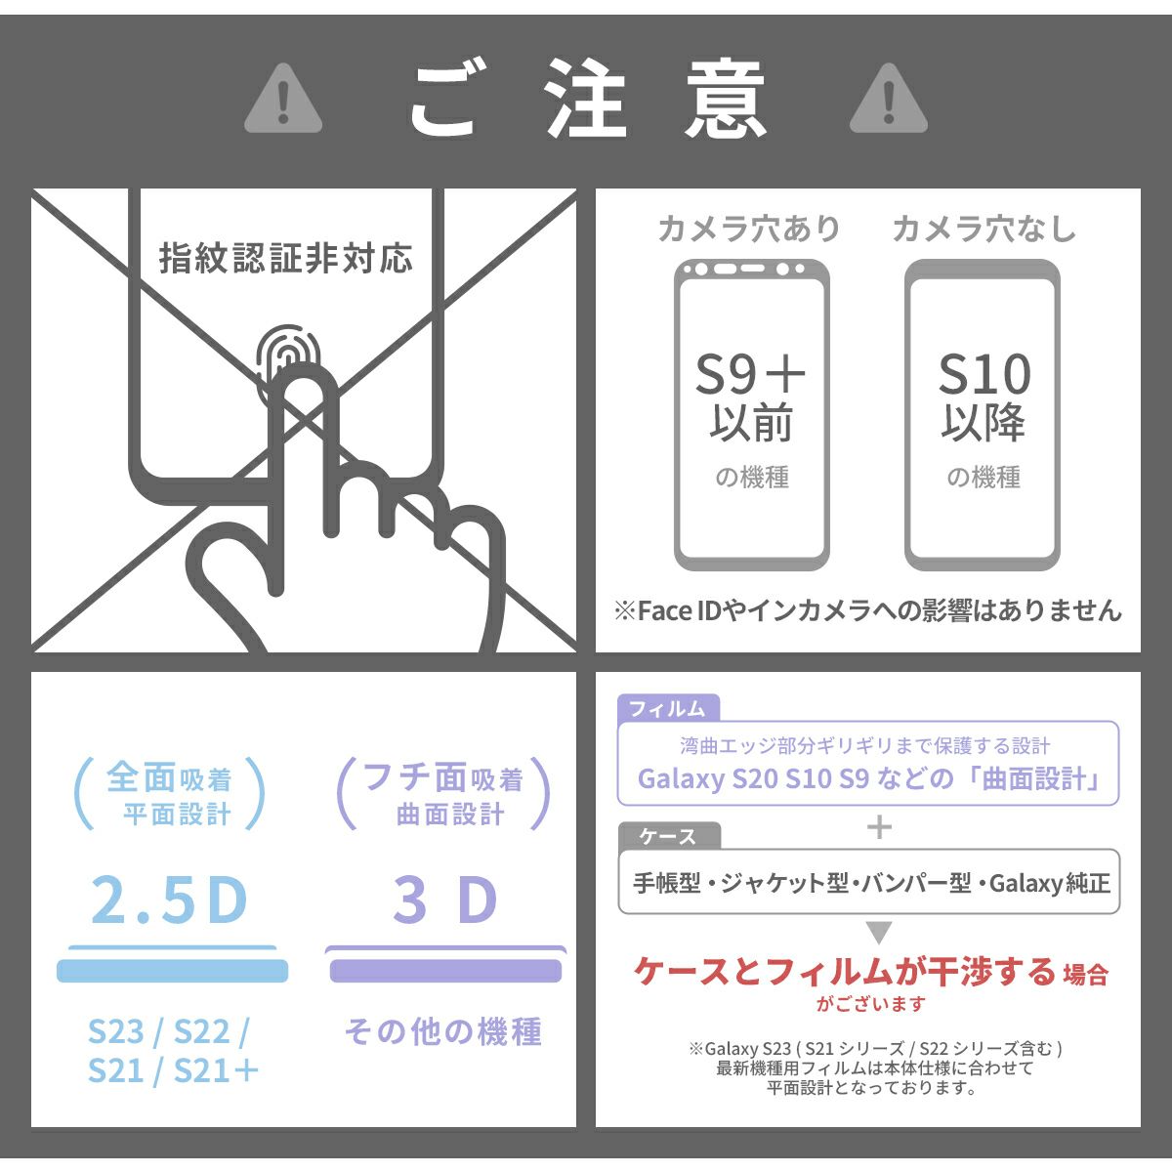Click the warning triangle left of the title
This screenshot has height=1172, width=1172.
coord(283,100)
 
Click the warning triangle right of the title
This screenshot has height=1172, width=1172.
coord(889,100)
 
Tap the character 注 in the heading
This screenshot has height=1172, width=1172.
coord(586,99)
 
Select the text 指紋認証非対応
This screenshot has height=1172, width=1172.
coord(286,259)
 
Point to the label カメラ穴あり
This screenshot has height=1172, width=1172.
coord(749,230)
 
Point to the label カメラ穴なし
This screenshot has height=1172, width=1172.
coord(984,230)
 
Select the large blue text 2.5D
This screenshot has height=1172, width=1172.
coord(168,900)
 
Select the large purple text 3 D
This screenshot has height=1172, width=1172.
coord(445,900)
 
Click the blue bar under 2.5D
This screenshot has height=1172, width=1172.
coord(172,971)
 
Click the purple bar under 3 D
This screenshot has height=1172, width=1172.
coord(445,971)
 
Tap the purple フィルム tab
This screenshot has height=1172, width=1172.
coord(668,708)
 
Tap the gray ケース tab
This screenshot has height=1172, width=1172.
coord(669,836)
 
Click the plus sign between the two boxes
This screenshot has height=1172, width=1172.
coord(879,827)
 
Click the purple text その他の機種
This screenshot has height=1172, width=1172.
coord(442,1032)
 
